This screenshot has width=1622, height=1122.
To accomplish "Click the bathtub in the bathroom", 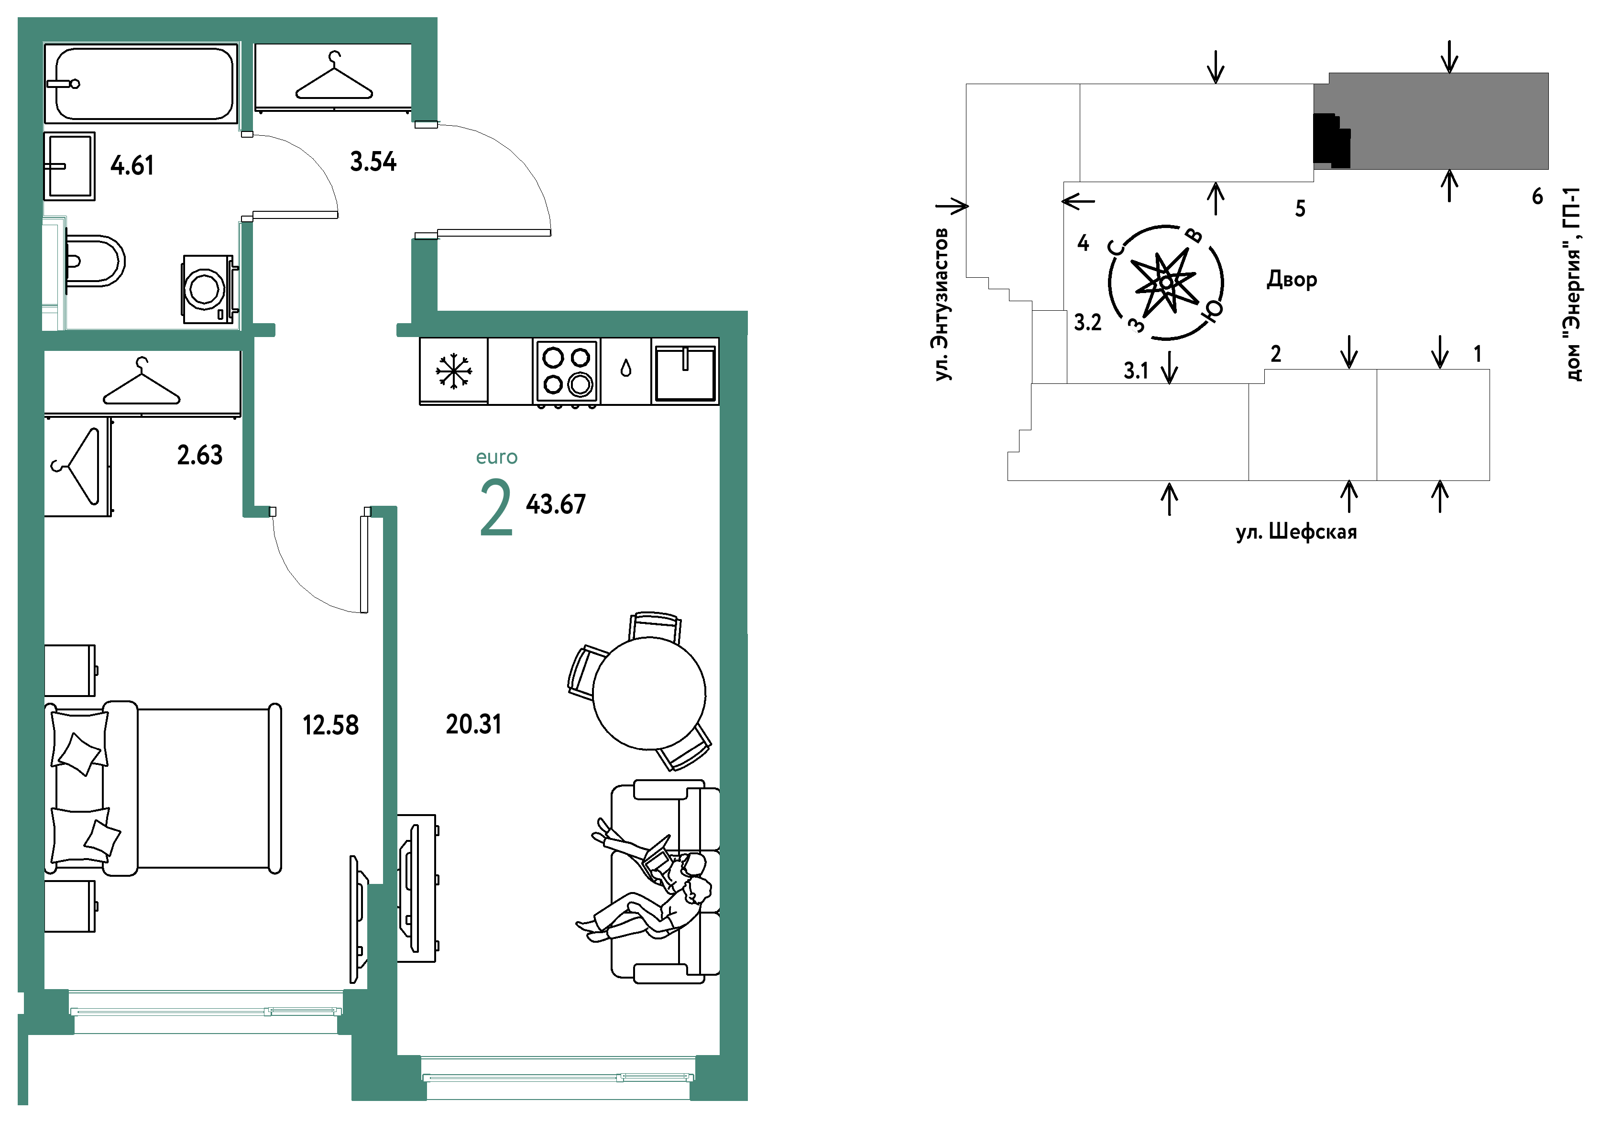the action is click(141, 83).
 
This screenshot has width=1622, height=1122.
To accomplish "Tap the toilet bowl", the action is click(95, 261).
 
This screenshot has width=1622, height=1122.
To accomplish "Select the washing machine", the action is click(208, 289).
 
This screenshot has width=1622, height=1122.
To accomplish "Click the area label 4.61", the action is click(132, 166).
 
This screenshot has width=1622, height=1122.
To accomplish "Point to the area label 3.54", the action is click(373, 162).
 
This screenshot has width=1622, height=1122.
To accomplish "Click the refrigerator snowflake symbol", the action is click(453, 370).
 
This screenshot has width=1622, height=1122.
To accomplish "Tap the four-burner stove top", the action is click(566, 370).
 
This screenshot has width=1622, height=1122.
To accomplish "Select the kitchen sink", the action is click(685, 372).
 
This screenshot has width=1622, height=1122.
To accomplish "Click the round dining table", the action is click(649, 693).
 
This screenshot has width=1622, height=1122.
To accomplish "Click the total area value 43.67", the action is click(556, 504).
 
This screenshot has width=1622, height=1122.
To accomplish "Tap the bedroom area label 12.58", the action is click(330, 725).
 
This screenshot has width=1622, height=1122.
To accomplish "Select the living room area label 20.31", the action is click(474, 724).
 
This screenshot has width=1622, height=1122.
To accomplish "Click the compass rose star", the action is click(1165, 283).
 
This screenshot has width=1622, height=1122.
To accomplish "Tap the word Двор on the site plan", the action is click(1292, 279).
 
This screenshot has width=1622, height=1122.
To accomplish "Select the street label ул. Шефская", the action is click(1296, 532).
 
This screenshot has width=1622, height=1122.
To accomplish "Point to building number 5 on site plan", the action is click(1300, 209).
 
